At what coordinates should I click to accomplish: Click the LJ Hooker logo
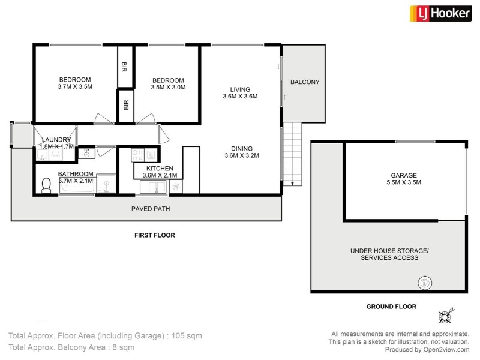(x=440, y=13)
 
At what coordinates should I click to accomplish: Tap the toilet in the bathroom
(x=46, y=187)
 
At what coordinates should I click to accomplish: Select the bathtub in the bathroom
(x=77, y=187)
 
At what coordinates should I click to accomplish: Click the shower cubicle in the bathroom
(x=107, y=185)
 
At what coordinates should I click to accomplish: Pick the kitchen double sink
(x=154, y=187)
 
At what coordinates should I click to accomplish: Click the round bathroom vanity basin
(x=86, y=154)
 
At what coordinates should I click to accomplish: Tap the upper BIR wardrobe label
(x=125, y=66)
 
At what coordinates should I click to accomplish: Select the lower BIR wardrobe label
(x=125, y=106)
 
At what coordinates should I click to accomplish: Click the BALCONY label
(x=305, y=82)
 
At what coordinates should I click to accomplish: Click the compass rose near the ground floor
(x=446, y=315)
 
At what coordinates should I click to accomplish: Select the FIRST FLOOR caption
(x=155, y=236)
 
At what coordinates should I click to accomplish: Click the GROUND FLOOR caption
(x=391, y=307)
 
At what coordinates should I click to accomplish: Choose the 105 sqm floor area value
(x=186, y=336)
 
